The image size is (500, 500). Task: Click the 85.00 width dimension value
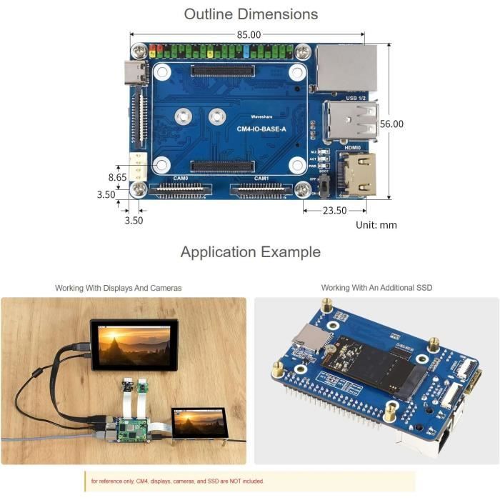(x=249, y=34)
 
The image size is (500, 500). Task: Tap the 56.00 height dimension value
(x=391, y=124)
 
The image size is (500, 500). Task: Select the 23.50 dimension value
(x=334, y=211)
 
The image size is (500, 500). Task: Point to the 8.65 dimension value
(x=117, y=176)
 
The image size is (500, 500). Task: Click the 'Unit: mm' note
(x=376, y=225)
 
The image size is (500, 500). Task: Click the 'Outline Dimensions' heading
(x=251, y=14)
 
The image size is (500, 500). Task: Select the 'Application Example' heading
(x=250, y=252)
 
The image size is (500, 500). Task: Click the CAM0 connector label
(x=181, y=179)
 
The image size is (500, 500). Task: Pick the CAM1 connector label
(x=261, y=179)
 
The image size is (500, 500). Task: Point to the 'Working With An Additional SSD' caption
(x=376, y=288)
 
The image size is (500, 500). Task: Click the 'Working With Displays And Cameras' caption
(x=119, y=288)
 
